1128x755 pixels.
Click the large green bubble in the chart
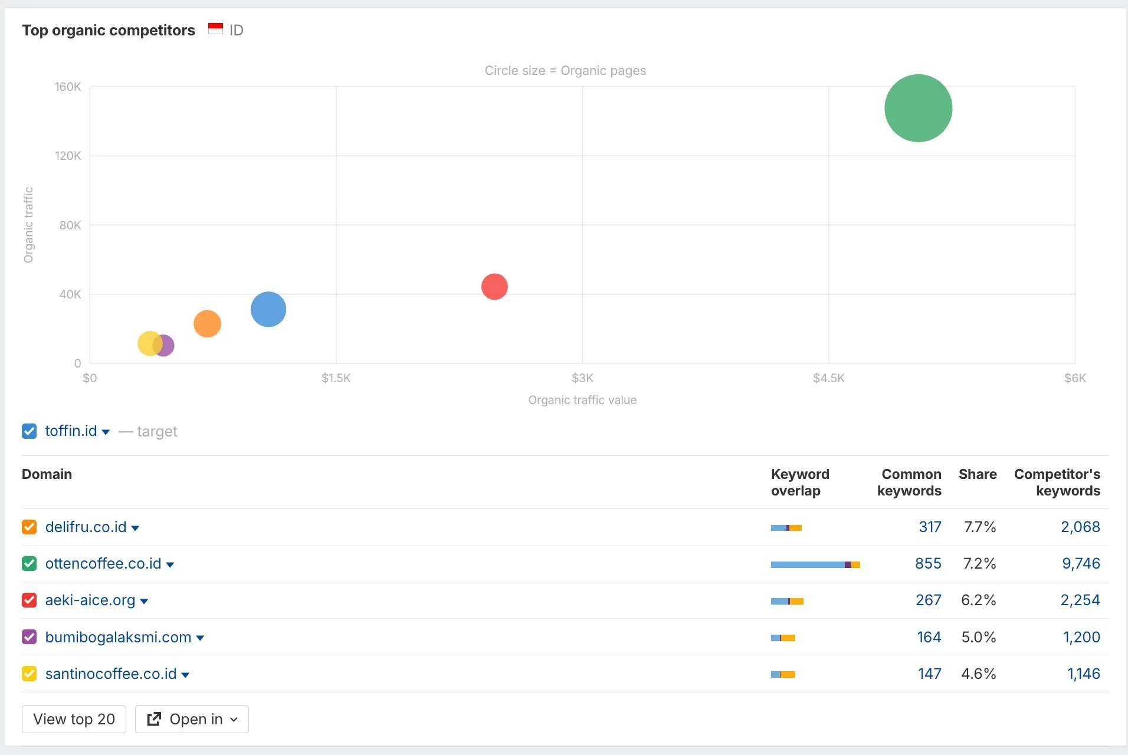point(918,108)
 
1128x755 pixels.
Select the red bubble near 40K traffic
point(494,287)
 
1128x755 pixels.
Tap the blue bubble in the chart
point(268,309)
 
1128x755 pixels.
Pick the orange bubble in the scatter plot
point(207,324)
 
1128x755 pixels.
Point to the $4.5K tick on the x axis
point(828,378)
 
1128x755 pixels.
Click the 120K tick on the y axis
point(68,156)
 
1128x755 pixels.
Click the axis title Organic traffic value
point(582,400)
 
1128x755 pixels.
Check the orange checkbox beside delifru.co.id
point(29,527)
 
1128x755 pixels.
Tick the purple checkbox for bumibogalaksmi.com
point(29,637)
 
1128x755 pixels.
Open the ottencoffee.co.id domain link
point(103,563)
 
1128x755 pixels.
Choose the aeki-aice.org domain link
point(90,600)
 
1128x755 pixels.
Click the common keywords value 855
point(928,563)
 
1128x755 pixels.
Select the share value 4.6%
point(978,674)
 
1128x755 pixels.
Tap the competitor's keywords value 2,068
point(1080,527)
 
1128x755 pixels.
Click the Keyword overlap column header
point(799,482)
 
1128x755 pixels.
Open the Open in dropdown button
point(192,719)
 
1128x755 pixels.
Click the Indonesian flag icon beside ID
point(215,29)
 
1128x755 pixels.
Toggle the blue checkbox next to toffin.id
point(29,431)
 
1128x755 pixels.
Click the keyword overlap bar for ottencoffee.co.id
point(815,564)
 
